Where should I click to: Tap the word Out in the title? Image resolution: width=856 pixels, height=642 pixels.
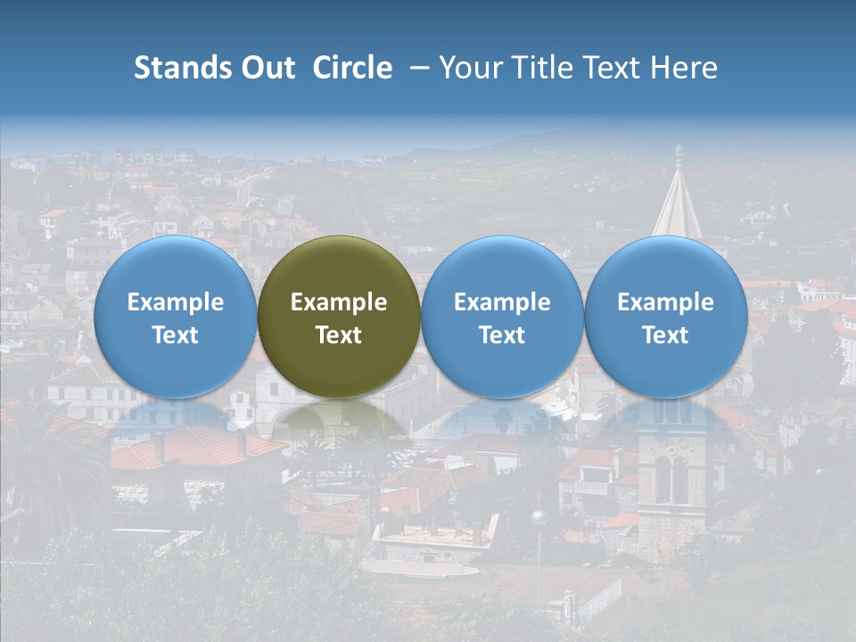[x=265, y=69]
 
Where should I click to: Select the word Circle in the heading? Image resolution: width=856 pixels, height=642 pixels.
[x=352, y=69]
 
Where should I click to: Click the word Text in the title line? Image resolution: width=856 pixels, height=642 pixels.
[x=610, y=69]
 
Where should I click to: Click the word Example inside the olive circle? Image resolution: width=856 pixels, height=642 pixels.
[x=339, y=302]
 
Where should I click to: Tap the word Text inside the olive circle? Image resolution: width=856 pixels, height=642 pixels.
[x=339, y=335]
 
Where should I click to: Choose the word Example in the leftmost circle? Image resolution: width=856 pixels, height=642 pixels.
[x=176, y=302]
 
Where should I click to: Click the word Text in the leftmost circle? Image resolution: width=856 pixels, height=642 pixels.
[x=176, y=335]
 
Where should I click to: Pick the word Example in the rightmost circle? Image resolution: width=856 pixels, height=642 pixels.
[x=665, y=302]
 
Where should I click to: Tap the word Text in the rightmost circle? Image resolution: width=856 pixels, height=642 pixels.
[x=665, y=335]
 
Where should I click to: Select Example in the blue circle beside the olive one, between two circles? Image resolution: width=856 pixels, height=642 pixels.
[x=502, y=302]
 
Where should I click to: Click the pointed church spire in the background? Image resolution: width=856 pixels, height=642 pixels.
[x=678, y=205]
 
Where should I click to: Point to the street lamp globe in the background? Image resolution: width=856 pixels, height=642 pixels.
[x=538, y=517]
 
